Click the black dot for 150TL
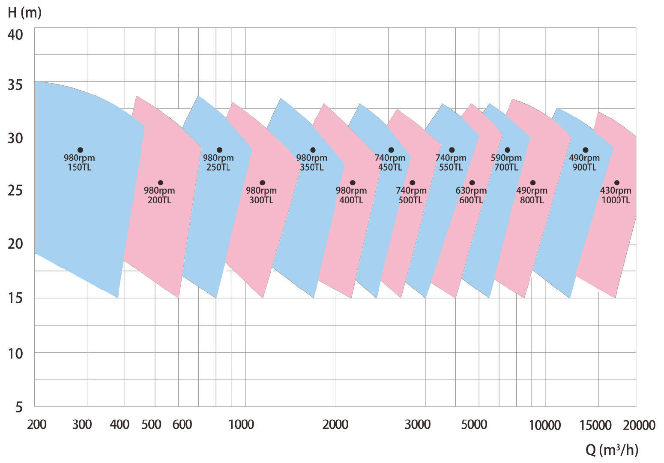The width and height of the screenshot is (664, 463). [x=80, y=150]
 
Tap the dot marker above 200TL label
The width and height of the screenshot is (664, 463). [x=161, y=183]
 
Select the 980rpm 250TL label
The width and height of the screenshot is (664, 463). [x=218, y=162]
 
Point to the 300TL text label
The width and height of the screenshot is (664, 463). [x=261, y=200]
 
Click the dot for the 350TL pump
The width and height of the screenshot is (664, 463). [x=313, y=150]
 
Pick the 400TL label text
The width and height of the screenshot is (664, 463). [x=351, y=200]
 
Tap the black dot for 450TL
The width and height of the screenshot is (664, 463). [x=391, y=150]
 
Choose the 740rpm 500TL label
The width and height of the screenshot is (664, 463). [x=411, y=195]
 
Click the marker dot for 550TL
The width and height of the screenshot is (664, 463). [x=452, y=150]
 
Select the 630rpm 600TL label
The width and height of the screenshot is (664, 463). [x=471, y=195]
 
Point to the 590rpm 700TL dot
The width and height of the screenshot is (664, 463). [x=507, y=150]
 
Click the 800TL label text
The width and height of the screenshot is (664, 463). [x=532, y=200]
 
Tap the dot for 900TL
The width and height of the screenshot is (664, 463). [x=586, y=150]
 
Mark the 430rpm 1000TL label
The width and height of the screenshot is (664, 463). [x=616, y=195]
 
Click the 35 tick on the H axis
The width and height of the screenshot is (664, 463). [x=15, y=84]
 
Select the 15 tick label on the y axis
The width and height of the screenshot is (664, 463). [x=15, y=298]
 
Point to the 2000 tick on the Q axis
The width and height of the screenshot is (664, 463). [x=335, y=425]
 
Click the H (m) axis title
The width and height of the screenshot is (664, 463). [x=25, y=12]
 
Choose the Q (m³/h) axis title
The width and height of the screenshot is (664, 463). [x=612, y=450]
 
